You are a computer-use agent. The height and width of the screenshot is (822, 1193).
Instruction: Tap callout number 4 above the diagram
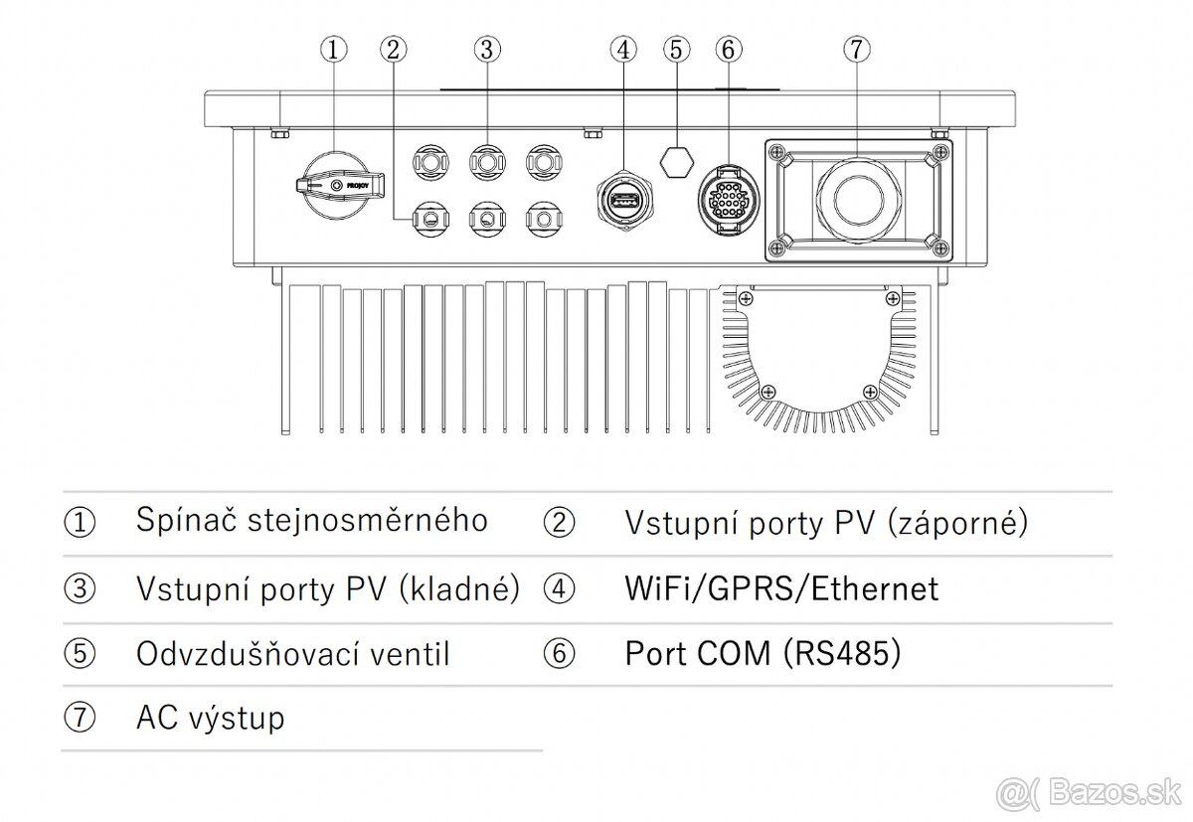click(x=623, y=49)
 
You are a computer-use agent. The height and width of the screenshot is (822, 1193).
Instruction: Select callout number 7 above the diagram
click(x=857, y=49)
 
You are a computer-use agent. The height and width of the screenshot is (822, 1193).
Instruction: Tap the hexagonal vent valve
click(x=677, y=158)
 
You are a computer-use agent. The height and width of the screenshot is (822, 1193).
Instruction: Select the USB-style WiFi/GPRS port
click(x=623, y=203)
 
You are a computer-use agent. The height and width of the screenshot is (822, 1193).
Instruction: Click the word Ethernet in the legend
click(x=874, y=588)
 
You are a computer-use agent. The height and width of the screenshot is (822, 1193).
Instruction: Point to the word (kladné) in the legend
click(x=459, y=588)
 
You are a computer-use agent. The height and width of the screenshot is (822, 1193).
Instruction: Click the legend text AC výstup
click(x=210, y=718)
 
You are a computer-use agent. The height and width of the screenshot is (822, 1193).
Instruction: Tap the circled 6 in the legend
click(x=560, y=654)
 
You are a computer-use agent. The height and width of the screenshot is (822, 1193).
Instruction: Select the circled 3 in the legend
click(x=80, y=588)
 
